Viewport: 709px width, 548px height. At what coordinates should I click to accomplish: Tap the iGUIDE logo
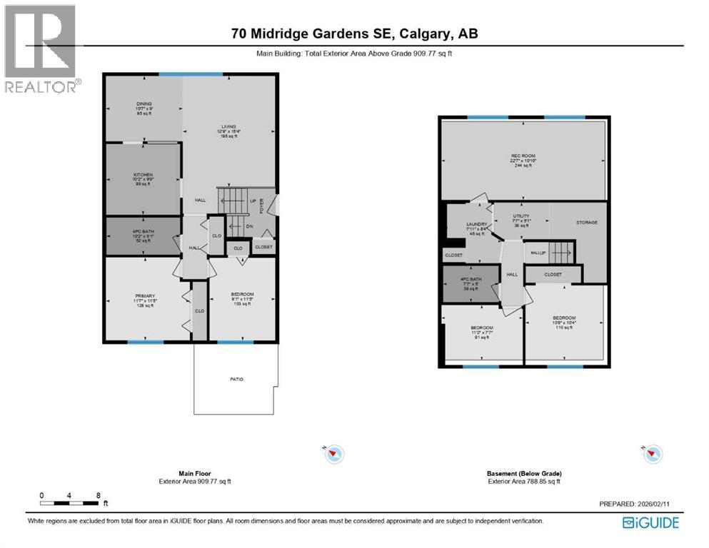tap(650, 523)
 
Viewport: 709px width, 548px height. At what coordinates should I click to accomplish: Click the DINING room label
tap(144, 104)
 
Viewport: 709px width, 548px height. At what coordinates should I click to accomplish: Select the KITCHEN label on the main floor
tap(144, 175)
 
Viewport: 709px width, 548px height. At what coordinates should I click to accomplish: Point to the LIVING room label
tap(228, 126)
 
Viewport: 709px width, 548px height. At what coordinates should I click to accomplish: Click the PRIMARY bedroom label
tap(145, 296)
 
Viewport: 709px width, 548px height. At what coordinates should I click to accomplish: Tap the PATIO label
tap(236, 379)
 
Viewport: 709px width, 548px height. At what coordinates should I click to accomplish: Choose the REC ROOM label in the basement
tap(523, 156)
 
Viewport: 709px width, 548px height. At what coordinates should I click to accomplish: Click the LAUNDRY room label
tap(476, 224)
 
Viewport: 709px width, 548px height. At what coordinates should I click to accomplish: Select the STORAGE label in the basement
tap(586, 223)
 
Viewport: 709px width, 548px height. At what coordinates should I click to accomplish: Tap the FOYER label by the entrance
tap(261, 206)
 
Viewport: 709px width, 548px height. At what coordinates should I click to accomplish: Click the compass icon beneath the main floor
tap(333, 453)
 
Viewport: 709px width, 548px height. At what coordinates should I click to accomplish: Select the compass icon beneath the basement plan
tap(653, 453)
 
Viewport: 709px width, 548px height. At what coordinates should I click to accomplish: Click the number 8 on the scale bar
tap(97, 494)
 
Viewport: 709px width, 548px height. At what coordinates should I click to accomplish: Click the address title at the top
tap(354, 33)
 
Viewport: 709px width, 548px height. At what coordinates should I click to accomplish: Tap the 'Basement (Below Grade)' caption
tap(524, 473)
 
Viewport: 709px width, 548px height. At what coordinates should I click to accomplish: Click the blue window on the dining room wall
tap(191, 73)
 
